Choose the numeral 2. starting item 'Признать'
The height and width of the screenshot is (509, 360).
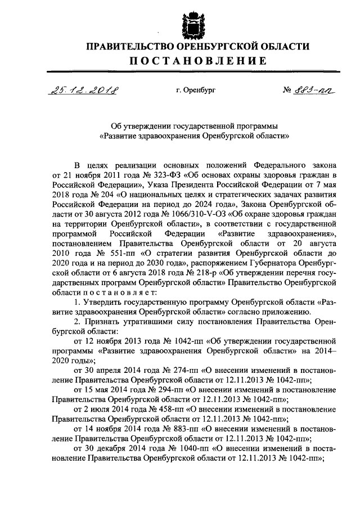[x=78, y=321]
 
